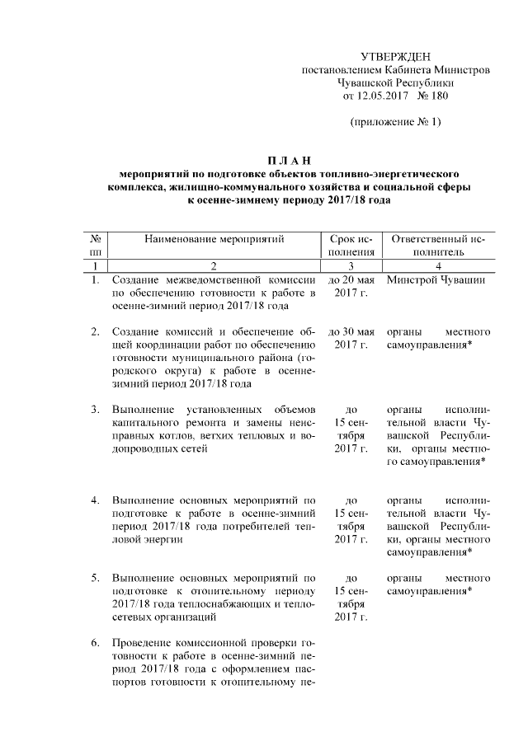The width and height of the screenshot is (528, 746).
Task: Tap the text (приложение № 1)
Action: pos(397,123)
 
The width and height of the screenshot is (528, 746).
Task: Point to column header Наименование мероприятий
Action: pos(214,239)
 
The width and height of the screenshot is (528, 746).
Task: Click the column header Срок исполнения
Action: pos(351,246)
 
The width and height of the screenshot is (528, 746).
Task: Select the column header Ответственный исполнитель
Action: pos(438,246)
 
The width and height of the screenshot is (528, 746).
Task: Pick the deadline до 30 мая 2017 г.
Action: pos(351,338)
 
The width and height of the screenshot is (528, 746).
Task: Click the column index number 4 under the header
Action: pos(438,265)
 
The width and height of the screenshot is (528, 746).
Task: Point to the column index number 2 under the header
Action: pos(214,265)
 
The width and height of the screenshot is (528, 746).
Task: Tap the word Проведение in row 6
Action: pos(141,642)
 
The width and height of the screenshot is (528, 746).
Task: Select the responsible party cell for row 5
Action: pos(438,584)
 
